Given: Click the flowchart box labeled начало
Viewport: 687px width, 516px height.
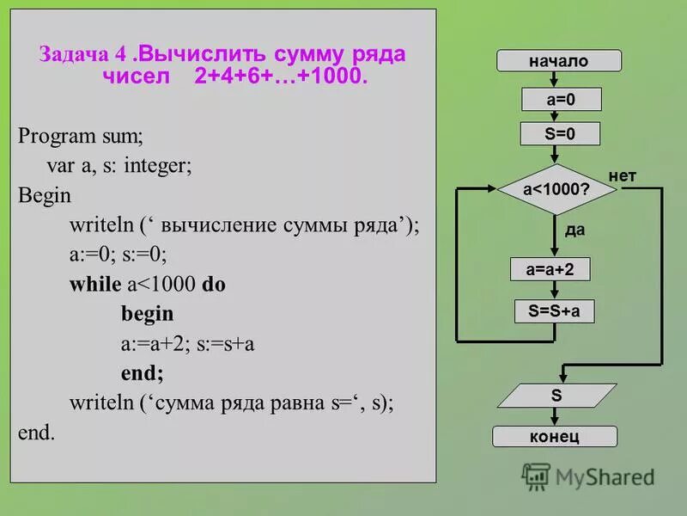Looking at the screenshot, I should coord(558,61).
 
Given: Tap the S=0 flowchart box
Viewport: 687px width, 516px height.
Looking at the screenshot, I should coord(560,134).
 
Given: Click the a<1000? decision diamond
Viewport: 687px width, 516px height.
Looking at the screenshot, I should coord(556,190).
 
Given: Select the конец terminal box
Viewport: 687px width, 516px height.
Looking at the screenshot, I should coord(554,436).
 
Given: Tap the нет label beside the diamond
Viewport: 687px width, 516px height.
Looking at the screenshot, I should coord(623,176).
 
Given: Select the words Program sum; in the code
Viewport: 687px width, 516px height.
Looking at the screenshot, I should coord(81,135).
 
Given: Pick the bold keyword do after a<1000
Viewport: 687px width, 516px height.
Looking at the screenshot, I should coord(214,284).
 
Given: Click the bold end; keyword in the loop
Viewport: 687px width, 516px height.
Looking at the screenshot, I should coord(142,373).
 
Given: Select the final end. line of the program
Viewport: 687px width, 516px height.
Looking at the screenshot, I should coord(36,433).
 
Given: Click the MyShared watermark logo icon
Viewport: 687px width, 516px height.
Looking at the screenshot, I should coord(536,476).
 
